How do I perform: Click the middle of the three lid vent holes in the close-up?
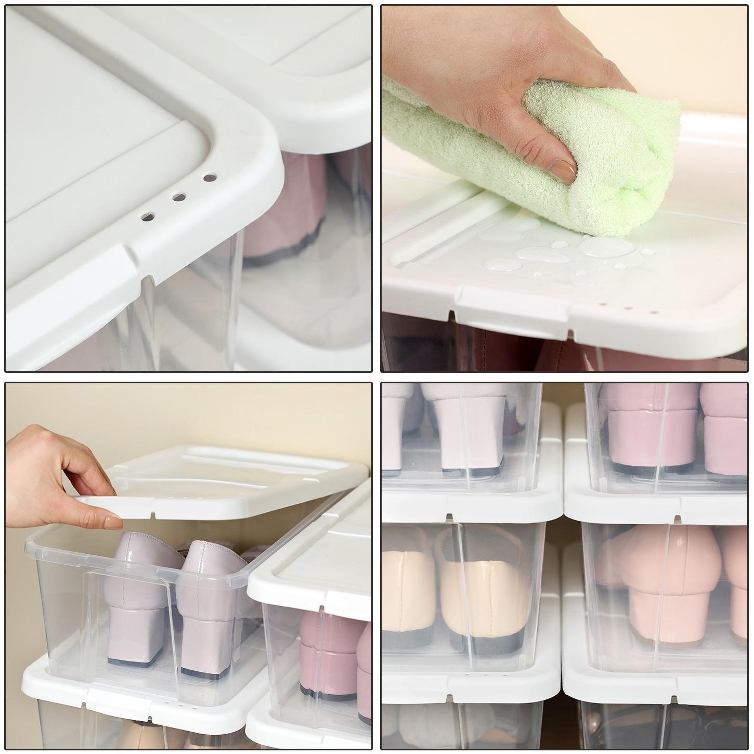pyautogui.click(x=179, y=197)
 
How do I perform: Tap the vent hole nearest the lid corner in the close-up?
pyautogui.click(x=210, y=178)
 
